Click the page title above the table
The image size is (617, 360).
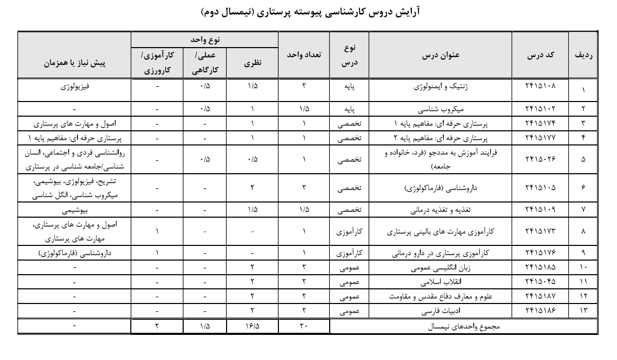308,11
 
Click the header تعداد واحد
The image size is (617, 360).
304,55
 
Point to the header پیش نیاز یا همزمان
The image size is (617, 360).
74,63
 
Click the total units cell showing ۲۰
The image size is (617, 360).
304,327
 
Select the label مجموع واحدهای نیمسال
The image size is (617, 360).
464,327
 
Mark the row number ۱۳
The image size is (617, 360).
583,311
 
